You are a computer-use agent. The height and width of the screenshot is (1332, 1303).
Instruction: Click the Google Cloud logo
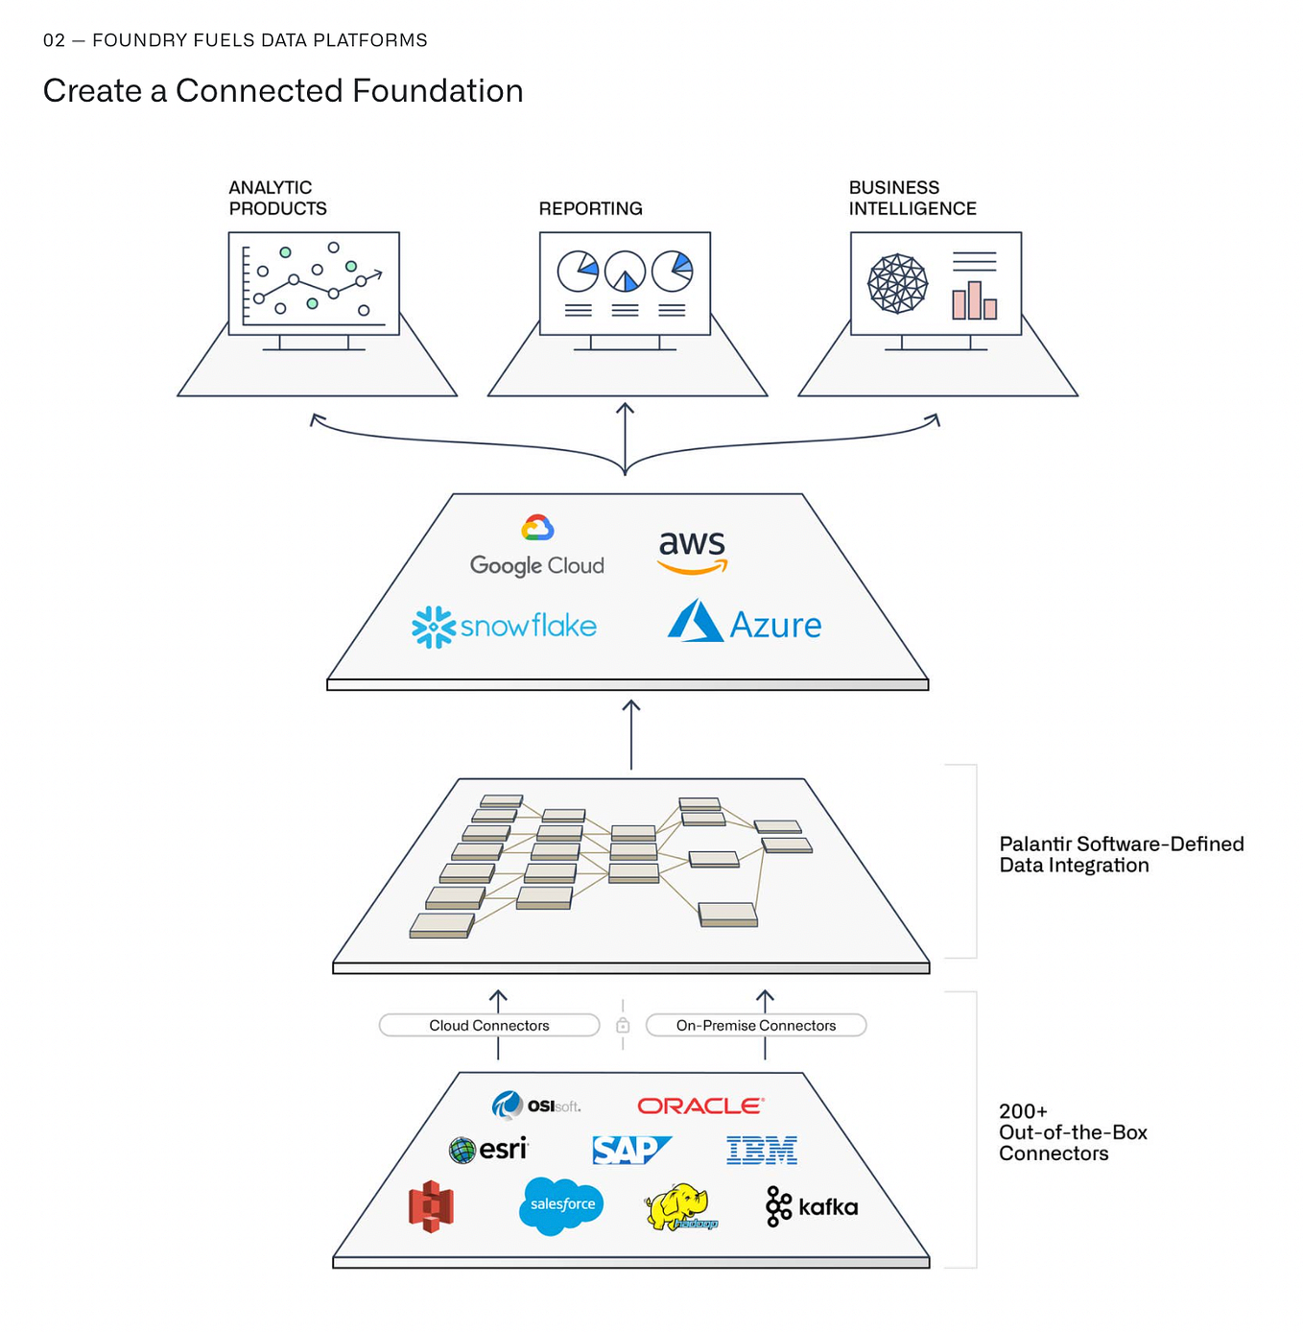click(537, 547)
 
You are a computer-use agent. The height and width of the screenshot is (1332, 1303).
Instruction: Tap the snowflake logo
click(505, 627)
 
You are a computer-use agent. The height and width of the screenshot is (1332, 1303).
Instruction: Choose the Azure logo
click(745, 623)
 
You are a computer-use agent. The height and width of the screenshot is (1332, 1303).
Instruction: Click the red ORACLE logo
click(700, 1106)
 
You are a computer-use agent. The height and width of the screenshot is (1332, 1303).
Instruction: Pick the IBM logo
click(762, 1150)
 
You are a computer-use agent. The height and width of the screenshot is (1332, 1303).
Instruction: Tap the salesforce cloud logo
click(561, 1205)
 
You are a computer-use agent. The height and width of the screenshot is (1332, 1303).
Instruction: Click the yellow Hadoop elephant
click(679, 1206)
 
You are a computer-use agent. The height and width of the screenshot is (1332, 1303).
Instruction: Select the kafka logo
click(812, 1206)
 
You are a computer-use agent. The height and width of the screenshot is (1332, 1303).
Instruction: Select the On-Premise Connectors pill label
click(756, 1026)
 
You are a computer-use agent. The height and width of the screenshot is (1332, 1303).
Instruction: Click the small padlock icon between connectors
click(623, 1026)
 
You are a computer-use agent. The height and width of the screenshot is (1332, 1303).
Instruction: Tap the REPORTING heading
click(590, 209)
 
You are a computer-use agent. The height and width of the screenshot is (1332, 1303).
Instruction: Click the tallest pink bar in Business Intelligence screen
click(975, 299)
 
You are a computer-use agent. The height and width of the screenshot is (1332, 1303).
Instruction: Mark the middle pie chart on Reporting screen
click(625, 272)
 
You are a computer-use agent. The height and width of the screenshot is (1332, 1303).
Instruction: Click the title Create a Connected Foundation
click(283, 91)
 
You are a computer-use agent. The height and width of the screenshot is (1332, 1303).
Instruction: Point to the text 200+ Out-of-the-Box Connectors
click(1072, 1132)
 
